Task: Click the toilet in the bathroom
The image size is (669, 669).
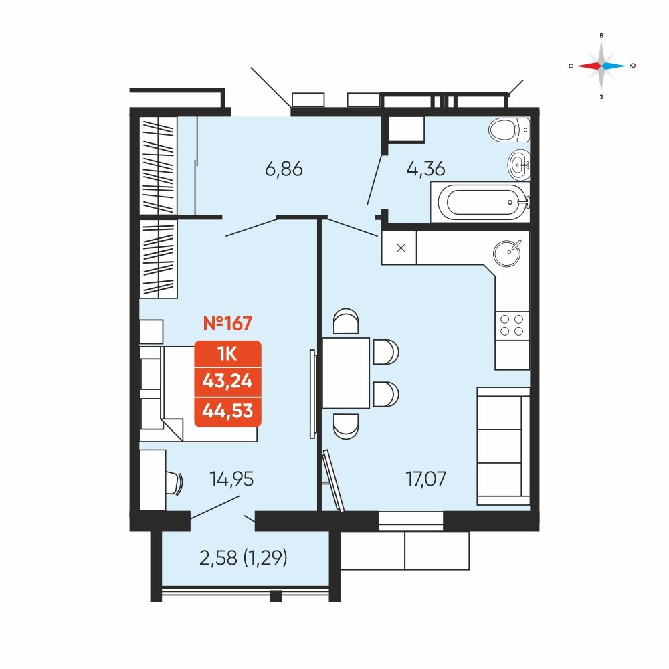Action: pos(509,130)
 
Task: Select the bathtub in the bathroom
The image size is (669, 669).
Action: pos(480,202)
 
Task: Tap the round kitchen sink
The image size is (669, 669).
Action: pos(507,253)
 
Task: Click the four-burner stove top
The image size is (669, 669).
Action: pos(512,325)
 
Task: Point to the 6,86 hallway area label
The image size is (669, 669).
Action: pos(284,169)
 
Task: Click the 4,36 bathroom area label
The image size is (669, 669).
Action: pos(425,169)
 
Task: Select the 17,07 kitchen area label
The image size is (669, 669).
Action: pos(425,479)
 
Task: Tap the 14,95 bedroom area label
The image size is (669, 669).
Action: pos(231,479)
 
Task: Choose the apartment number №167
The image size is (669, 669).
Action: pos(227,323)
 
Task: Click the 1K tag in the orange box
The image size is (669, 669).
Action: pos(227,353)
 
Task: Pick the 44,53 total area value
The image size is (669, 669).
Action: pos(227,411)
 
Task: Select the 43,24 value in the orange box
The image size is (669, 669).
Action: pos(227,381)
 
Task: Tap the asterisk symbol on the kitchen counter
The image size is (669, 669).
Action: pos(401,248)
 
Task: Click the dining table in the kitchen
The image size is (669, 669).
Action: pos(346,373)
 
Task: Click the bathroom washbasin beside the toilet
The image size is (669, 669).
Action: pos(519,165)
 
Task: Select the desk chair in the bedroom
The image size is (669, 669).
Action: pos(175,483)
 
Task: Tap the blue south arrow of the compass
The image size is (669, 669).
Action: pos(614,66)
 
